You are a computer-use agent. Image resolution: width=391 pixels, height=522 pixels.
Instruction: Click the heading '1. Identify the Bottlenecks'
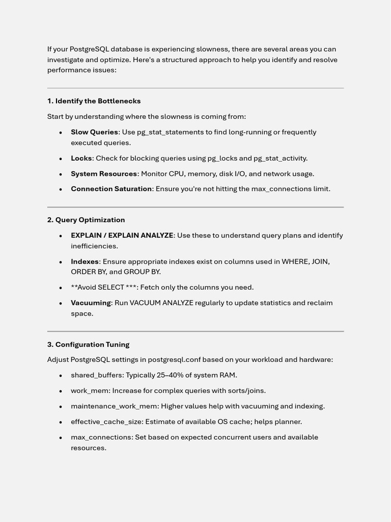point(94,101)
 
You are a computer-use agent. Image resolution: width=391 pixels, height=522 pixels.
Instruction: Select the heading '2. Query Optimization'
point(86,220)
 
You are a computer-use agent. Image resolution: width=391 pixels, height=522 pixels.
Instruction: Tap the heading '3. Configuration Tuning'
point(88,345)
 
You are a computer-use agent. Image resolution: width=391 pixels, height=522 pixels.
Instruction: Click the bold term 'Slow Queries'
point(94,132)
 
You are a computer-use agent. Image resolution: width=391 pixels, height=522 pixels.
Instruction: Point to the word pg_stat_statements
point(170,132)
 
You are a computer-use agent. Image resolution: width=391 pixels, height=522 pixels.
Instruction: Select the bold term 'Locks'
point(81,158)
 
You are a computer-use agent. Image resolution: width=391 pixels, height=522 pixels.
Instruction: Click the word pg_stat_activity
point(280,158)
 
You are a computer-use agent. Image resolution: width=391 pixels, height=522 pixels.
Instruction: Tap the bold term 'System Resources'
point(104,174)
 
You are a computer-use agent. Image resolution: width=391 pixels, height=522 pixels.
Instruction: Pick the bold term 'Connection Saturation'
point(111,189)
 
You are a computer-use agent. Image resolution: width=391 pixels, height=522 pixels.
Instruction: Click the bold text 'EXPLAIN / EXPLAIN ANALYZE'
point(122,236)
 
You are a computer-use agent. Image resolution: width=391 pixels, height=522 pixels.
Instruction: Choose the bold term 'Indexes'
point(85,262)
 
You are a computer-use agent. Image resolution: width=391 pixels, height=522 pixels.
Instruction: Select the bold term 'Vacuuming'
point(91,303)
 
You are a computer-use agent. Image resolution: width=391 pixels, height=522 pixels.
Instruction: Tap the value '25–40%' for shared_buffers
point(171,375)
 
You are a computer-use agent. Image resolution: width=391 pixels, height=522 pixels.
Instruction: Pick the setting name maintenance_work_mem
point(114,406)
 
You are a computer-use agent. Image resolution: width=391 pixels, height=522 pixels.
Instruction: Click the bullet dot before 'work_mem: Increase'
point(61,391)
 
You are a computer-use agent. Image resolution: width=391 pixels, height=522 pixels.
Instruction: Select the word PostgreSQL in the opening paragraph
point(89,49)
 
